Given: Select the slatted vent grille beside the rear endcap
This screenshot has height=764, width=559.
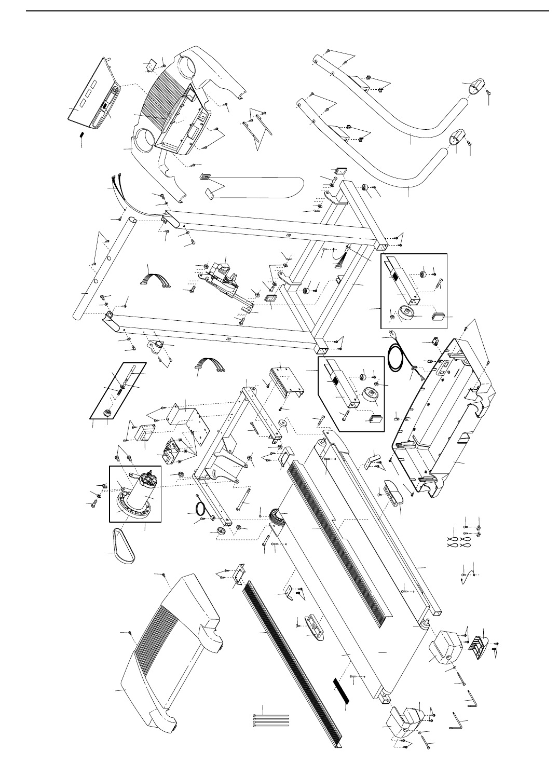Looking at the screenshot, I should pyautogui.click(x=478, y=644).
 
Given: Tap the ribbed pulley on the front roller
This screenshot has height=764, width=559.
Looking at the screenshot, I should pyautogui.click(x=275, y=517).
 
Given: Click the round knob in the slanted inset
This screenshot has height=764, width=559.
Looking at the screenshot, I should pyautogui.click(x=108, y=414).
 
